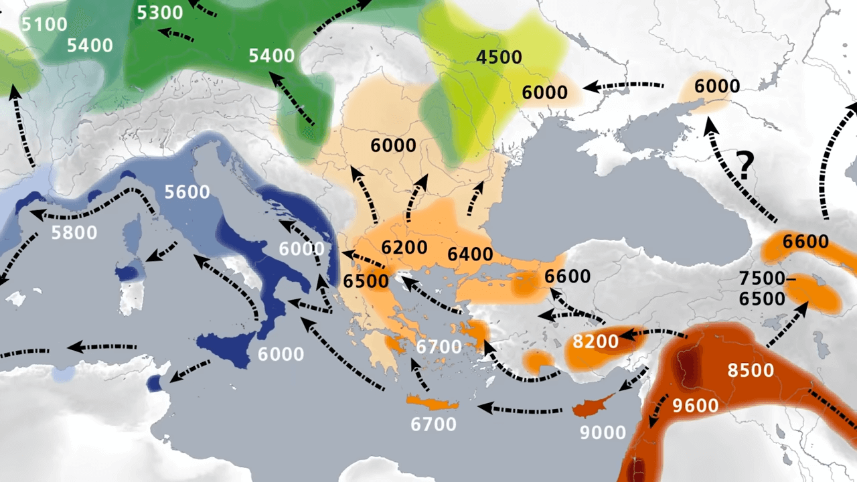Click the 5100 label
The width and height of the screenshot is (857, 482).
(x=44, y=25)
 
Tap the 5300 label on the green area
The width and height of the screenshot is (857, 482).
(x=159, y=12)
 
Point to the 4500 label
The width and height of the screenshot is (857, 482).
(x=499, y=57)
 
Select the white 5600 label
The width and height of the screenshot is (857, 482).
(x=187, y=192)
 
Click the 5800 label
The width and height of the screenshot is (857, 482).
(x=75, y=232)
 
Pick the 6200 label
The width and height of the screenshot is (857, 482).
(x=404, y=247)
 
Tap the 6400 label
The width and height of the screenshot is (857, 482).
(x=471, y=254)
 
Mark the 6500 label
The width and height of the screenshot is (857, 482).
(x=366, y=280)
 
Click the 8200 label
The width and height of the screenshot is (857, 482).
(x=596, y=342)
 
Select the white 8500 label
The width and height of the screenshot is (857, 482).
(x=751, y=370)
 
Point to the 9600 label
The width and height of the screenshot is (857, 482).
(x=696, y=405)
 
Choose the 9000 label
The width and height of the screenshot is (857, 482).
(x=603, y=432)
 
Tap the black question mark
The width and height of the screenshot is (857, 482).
(x=744, y=165)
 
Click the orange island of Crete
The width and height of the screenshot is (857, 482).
(x=433, y=402)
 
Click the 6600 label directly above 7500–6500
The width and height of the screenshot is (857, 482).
(x=806, y=242)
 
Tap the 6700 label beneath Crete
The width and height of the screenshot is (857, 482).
(x=434, y=424)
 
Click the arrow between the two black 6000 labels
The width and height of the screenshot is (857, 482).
(x=623, y=86)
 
